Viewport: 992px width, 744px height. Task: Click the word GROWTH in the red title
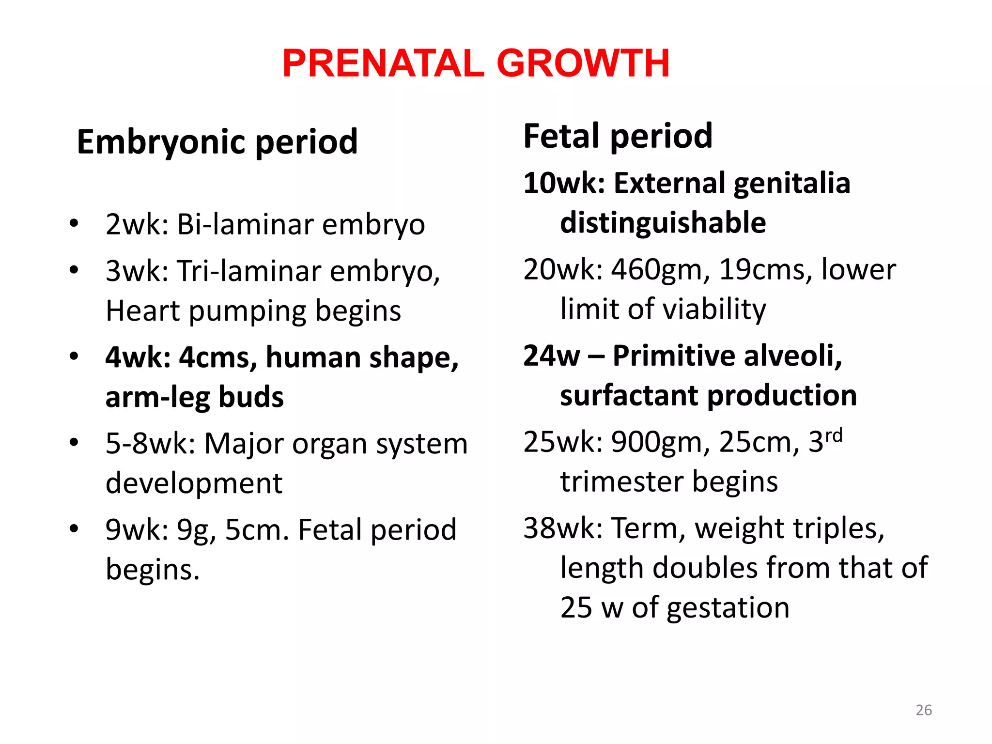coord(583,63)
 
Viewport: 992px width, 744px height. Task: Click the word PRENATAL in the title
coord(383,63)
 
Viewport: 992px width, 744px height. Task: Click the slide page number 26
coord(924,710)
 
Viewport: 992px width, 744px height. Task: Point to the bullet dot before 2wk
coord(74,224)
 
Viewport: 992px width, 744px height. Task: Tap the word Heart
coord(142,310)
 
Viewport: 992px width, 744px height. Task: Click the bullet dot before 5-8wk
coord(74,442)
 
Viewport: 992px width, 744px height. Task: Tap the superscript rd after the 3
coord(834,435)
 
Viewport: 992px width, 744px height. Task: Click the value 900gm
coord(661,442)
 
